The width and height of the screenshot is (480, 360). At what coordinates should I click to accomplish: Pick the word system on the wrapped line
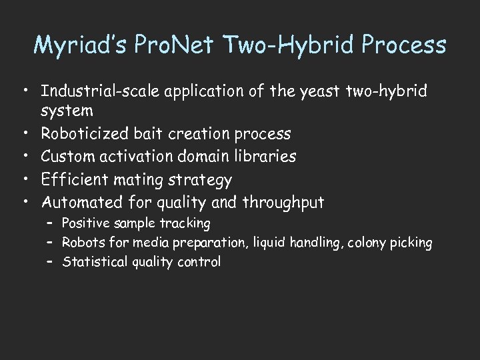(x=67, y=111)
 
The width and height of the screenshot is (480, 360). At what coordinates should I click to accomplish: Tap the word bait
(x=156, y=134)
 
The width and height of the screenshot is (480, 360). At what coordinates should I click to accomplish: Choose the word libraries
(x=263, y=157)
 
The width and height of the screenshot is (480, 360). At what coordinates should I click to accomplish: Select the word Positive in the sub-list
(x=83, y=223)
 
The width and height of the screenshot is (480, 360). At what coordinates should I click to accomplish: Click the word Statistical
(x=89, y=261)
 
